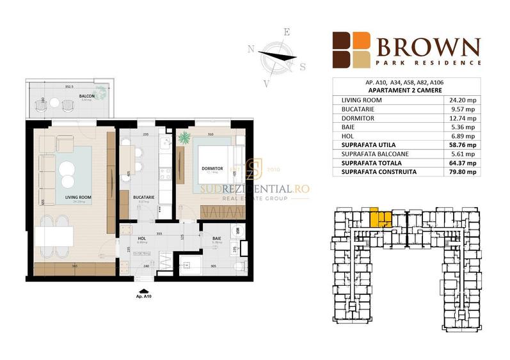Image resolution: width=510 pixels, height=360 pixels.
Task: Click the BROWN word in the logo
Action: click(x=427, y=47)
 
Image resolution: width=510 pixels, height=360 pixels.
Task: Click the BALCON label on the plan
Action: click(x=87, y=97)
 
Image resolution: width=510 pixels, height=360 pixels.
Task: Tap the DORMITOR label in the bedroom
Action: click(x=211, y=168)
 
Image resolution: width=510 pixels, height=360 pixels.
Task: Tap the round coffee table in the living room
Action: click(x=67, y=169)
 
